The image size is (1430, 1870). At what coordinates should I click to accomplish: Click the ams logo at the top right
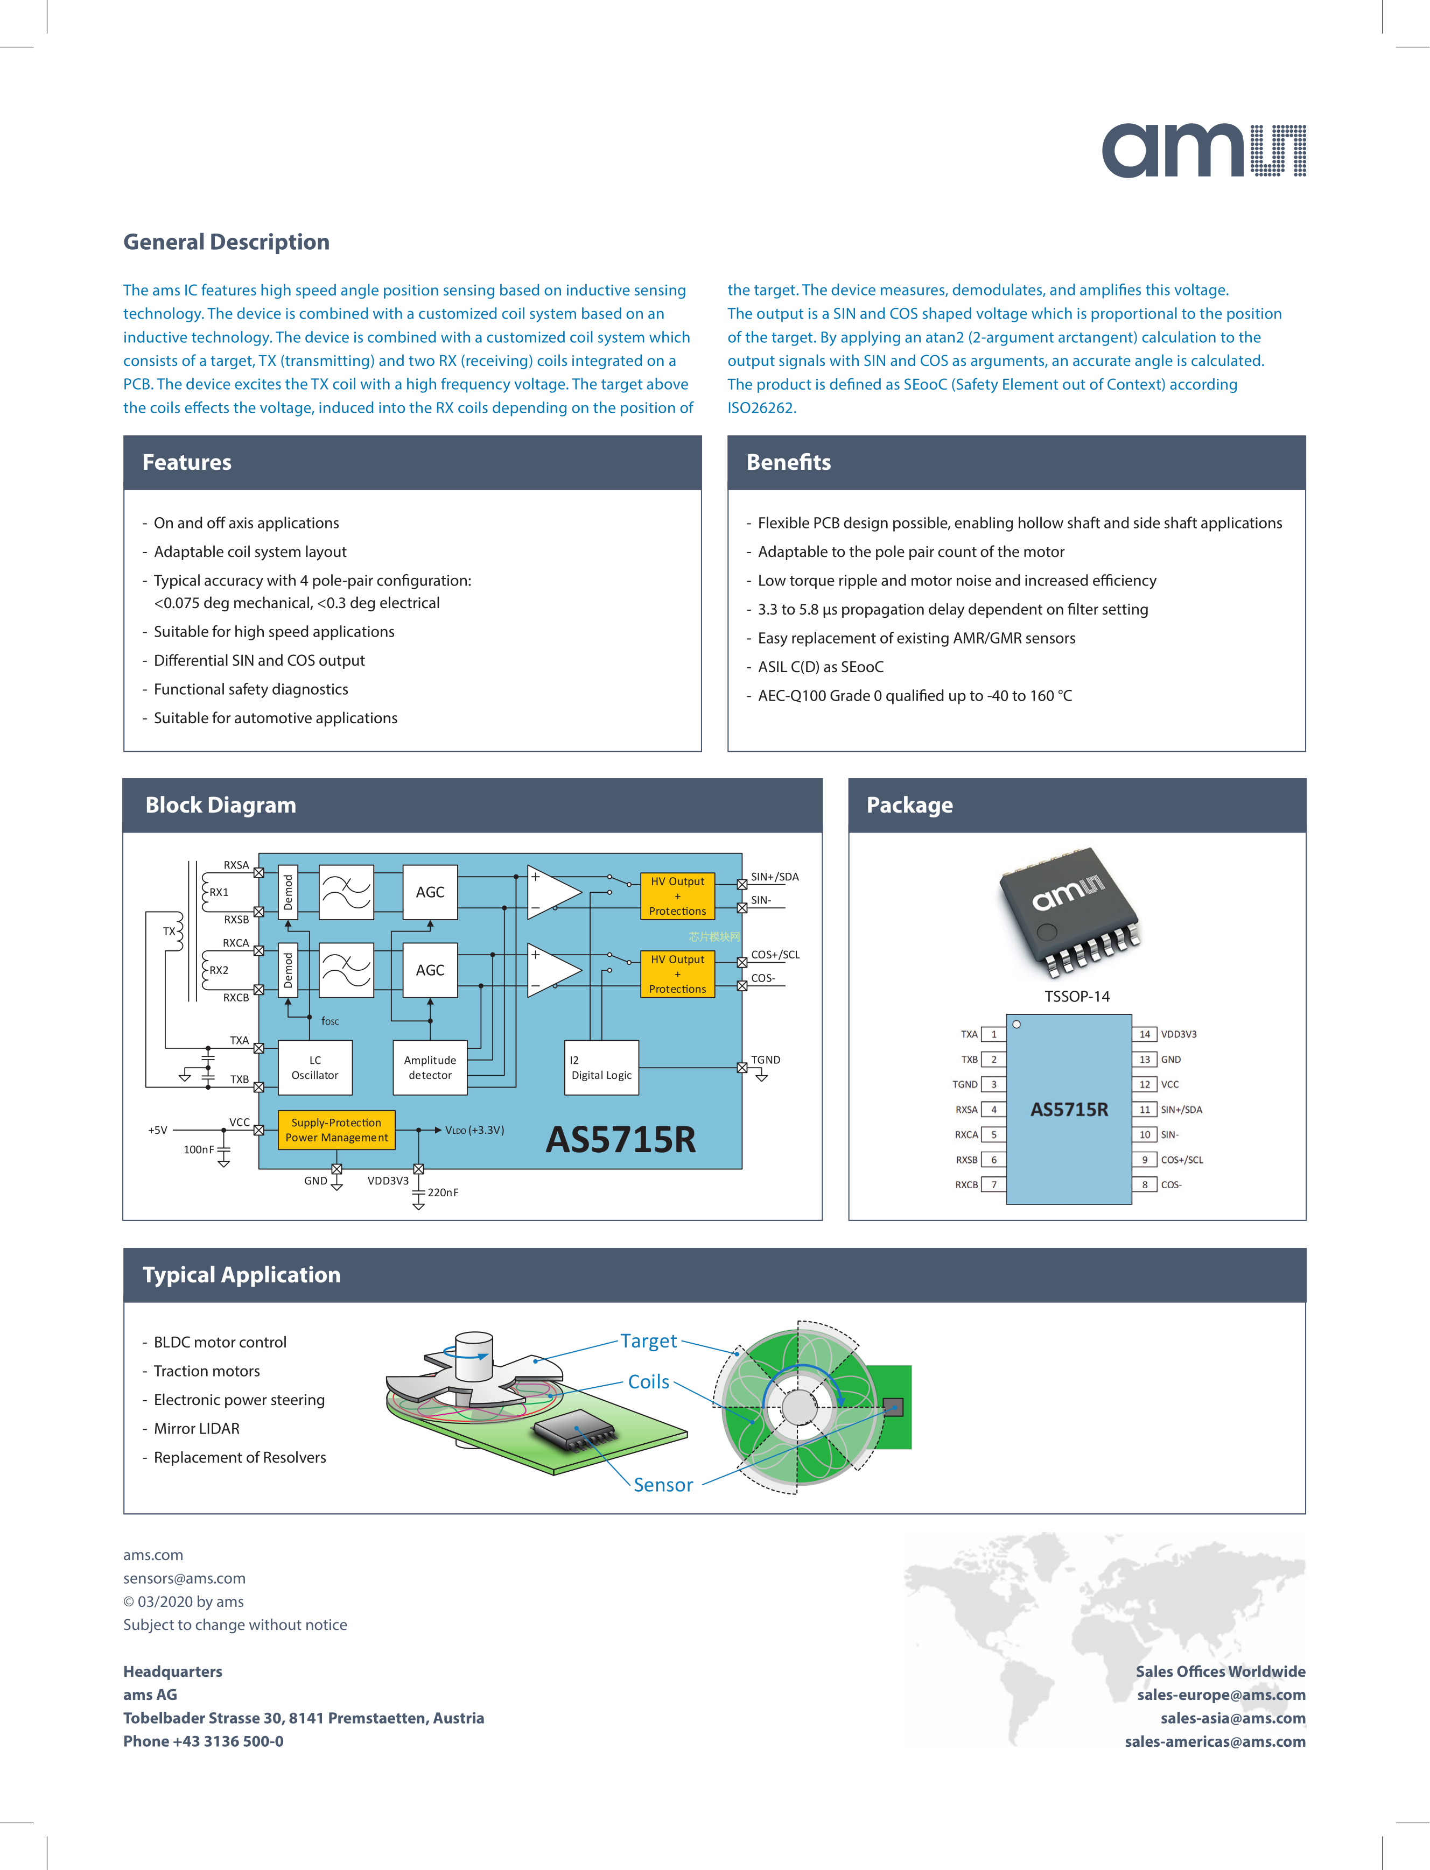coord(1203,151)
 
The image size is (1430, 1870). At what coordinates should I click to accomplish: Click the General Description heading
coord(227,243)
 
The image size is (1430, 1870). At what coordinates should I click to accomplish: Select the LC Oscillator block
coord(315,1068)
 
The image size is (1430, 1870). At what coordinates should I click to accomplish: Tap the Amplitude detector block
coord(430,1068)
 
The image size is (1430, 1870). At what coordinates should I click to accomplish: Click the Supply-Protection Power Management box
coord(336,1130)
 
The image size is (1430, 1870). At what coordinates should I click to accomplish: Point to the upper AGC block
coord(430,892)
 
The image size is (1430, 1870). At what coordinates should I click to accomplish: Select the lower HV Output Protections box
coord(677,974)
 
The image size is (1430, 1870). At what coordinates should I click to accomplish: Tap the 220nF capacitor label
coord(443,1193)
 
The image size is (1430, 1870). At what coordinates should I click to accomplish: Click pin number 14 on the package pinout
coord(1145,1034)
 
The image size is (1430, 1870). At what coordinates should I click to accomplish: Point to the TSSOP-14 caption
coord(1077,996)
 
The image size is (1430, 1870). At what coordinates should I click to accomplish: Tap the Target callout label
coord(649,1341)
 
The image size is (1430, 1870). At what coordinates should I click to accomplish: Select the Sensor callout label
coord(663,1485)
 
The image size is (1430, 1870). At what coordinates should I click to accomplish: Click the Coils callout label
coord(649,1382)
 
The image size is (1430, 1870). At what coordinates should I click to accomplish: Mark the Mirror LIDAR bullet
coord(197,1428)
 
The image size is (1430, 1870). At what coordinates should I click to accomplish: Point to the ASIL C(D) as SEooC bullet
coord(821,667)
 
